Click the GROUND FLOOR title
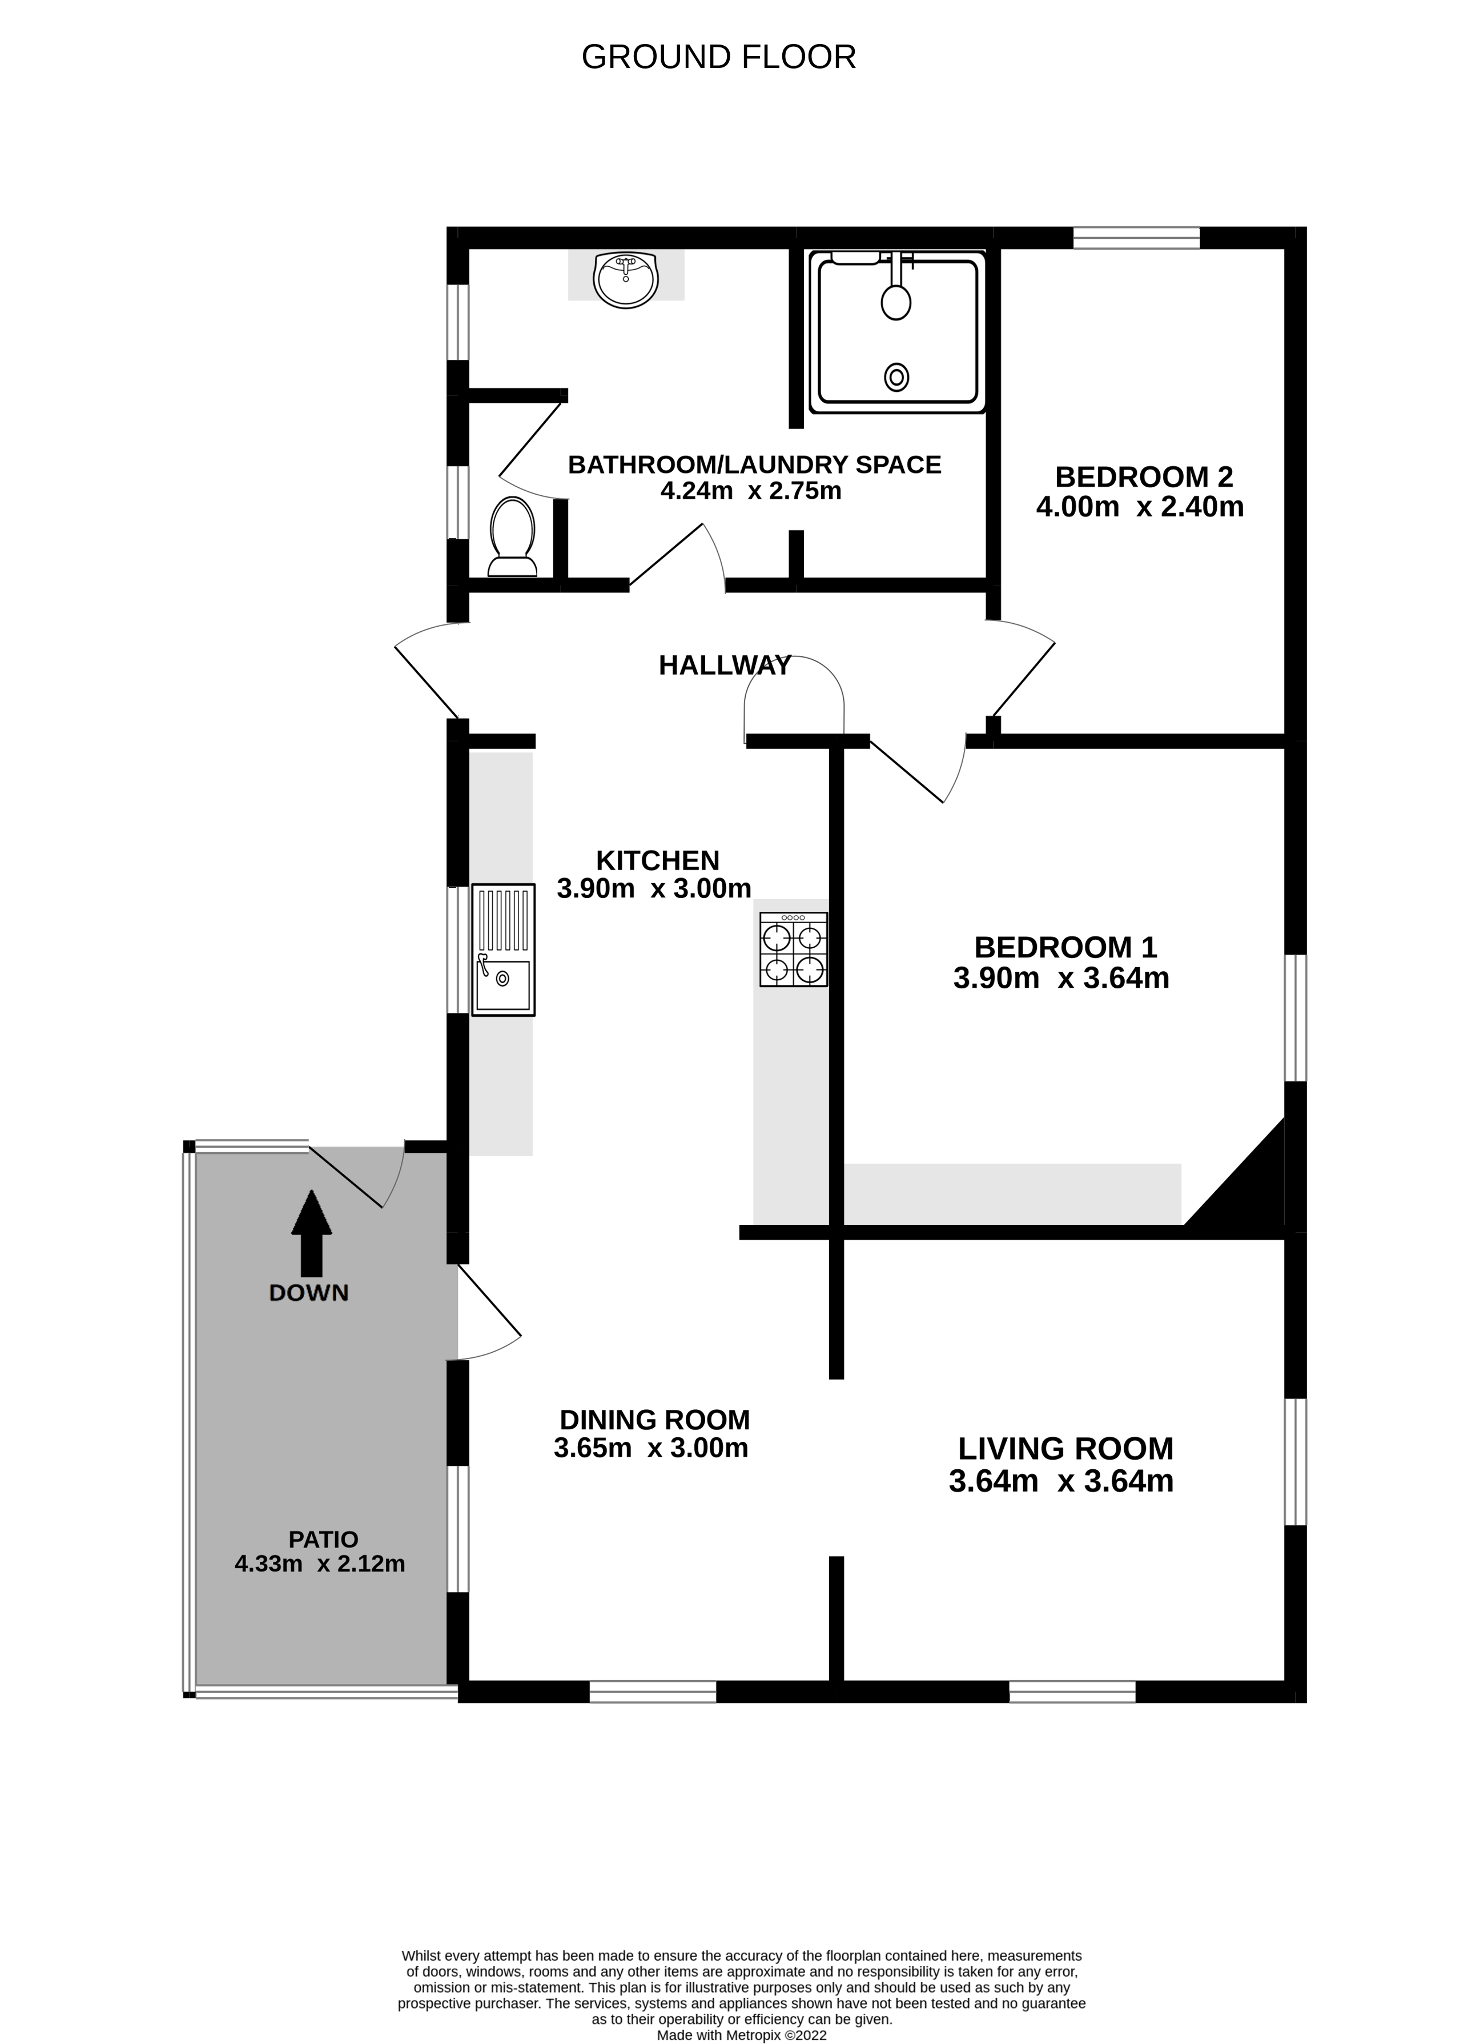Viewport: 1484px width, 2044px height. pos(718,57)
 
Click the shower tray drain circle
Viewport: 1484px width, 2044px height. pos(896,376)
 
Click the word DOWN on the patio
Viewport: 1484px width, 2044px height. pos(308,1293)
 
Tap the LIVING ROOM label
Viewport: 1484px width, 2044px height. pos(1065,1448)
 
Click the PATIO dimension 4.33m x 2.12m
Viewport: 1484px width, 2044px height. pos(320,1564)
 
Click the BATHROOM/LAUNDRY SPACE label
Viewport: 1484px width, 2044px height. pos(754,465)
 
